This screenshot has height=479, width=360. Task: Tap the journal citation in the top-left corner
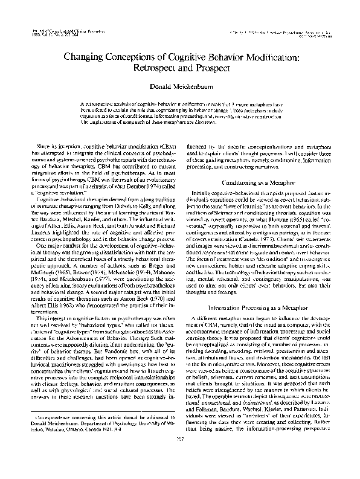pyautogui.click(x=56, y=30)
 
